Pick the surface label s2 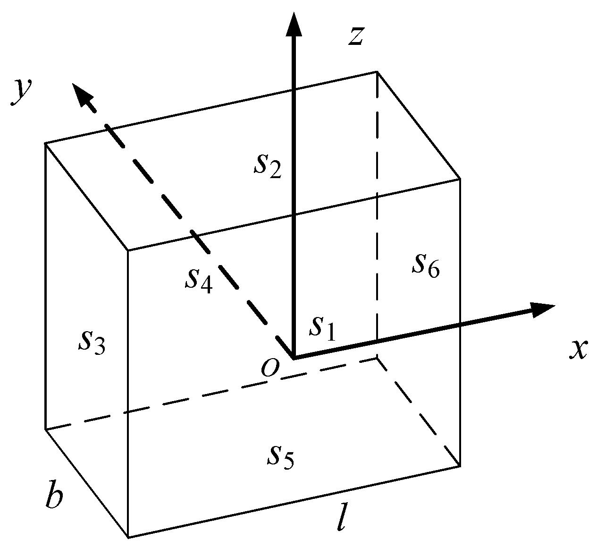coord(268,165)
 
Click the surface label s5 coord(282,455)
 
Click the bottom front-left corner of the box coord(128,537)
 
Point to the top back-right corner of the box coord(377,71)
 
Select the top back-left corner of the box coord(45,143)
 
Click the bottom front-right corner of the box coord(460,466)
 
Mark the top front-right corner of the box coord(460,179)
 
